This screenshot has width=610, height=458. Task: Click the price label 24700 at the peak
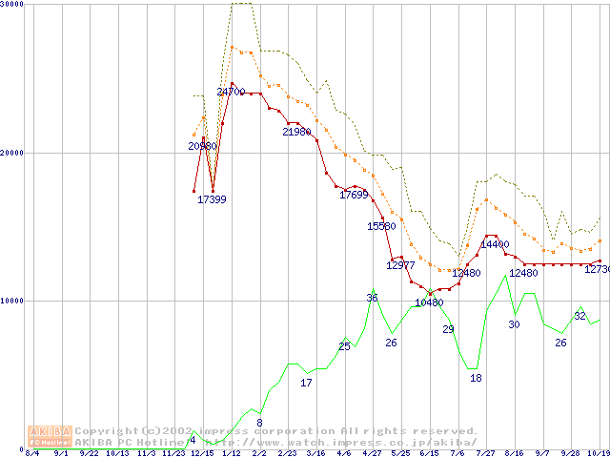pyautogui.click(x=232, y=92)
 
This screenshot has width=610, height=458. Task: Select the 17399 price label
pyautogui.click(x=212, y=199)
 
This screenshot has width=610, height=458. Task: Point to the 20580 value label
pyautogui.click(x=202, y=146)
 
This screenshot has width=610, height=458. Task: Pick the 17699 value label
pyautogui.click(x=354, y=195)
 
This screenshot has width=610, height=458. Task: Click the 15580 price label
pyautogui.click(x=381, y=226)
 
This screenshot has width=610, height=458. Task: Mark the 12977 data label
pyautogui.click(x=400, y=265)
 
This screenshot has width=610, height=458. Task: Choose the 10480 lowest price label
pyautogui.click(x=429, y=302)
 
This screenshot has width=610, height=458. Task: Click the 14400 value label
pyautogui.click(x=495, y=244)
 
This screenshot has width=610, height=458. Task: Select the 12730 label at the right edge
pyautogui.click(x=597, y=269)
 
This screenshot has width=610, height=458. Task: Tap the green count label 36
pyautogui.click(x=372, y=298)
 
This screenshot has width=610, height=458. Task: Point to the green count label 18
pyautogui.click(x=476, y=378)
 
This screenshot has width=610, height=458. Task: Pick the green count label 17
pyautogui.click(x=306, y=383)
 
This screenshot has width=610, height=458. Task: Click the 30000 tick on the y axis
pyautogui.click(x=12, y=5)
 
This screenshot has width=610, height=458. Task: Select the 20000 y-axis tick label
pyautogui.click(x=12, y=153)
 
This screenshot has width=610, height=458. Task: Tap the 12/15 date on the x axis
pyautogui.click(x=202, y=453)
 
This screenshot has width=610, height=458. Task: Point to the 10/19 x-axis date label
pyautogui.click(x=598, y=453)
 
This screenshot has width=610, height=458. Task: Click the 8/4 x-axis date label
pyautogui.click(x=31, y=453)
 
